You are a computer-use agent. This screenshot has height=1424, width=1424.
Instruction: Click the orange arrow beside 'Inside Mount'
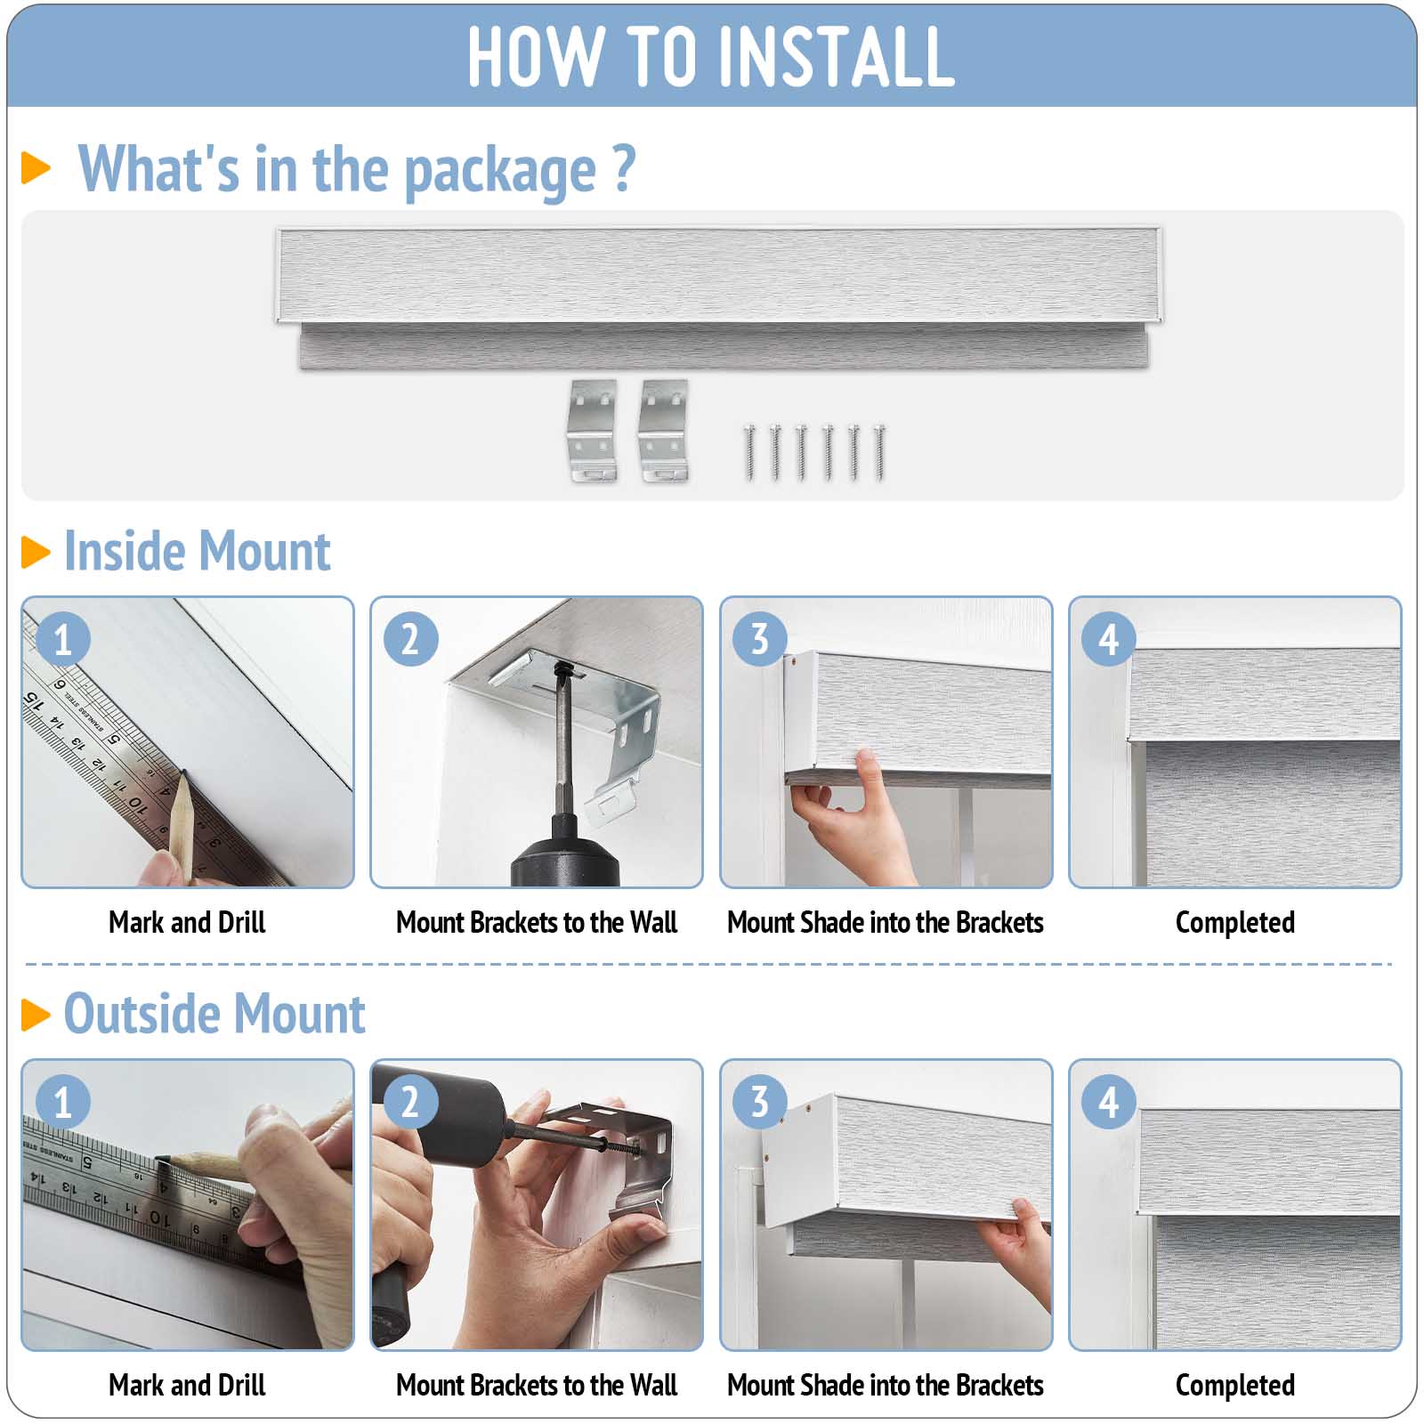[36, 552]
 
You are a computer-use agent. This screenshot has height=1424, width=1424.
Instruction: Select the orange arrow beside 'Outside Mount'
[36, 1015]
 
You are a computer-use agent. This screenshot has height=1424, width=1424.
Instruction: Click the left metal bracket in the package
[593, 432]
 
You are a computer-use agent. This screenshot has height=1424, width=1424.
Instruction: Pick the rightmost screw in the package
[879, 453]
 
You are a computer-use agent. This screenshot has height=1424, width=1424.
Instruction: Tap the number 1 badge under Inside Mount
[63, 638]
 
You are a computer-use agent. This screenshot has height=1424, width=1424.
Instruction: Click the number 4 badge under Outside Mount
[1108, 1102]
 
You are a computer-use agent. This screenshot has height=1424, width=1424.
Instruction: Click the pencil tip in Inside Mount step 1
[183, 774]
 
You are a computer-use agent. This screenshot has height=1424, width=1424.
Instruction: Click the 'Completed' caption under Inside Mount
[1234, 923]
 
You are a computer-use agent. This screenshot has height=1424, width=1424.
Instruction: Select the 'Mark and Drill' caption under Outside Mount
[187, 1385]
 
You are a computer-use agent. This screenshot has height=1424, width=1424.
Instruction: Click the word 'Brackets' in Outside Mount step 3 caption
[999, 1385]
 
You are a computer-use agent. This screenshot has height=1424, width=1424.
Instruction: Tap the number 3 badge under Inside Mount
[758, 638]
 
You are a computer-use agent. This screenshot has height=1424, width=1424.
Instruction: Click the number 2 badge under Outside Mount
[410, 1102]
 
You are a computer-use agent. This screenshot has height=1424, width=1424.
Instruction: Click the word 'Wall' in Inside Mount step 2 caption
[653, 922]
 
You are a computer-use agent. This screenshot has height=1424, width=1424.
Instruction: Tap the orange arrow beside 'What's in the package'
[36, 167]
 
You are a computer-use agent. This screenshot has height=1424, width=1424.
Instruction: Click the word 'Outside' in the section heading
[141, 1014]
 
